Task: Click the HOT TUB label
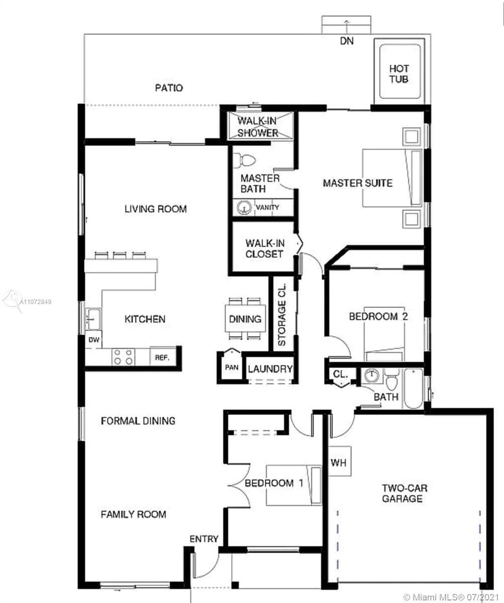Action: [x=399, y=74]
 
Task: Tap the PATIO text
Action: [x=169, y=88]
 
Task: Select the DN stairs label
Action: [x=347, y=41]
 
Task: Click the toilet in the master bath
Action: [x=244, y=160]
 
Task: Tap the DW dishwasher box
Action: [x=93, y=340]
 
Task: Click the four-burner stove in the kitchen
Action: [x=123, y=357]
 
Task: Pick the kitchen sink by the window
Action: [x=93, y=319]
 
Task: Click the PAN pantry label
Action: [x=232, y=368]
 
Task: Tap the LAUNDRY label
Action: [x=270, y=369]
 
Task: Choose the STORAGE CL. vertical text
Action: [x=282, y=315]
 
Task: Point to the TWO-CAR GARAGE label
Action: [x=404, y=493]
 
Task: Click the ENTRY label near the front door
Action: [x=204, y=539]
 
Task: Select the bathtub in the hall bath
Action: [x=413, y=388]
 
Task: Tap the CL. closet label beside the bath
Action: [x=341, y=374]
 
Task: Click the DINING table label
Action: [x=245, y=319]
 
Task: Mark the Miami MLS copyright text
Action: [x=451, y=596]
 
